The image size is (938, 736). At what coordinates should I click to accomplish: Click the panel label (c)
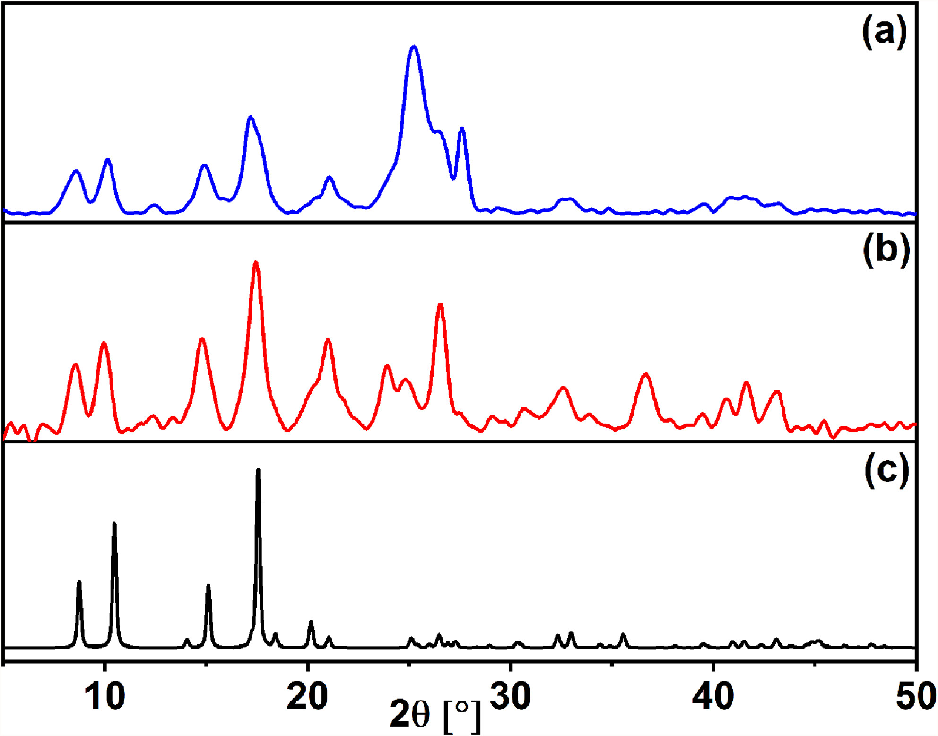click(886, 471)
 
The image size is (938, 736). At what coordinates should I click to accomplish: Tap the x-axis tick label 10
click(105, 696)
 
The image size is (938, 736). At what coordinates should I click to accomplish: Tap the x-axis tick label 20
click(307, 696)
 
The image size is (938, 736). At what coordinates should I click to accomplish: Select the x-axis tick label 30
click(510, 696)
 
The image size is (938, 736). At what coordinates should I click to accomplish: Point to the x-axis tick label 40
click(713, 696)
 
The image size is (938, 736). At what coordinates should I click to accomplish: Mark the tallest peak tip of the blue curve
click(414, 47)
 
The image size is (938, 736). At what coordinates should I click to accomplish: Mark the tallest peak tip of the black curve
click(258, 469)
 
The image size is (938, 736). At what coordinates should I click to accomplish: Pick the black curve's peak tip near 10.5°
click(114, 523)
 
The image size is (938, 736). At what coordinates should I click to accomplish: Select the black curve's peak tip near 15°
click(208, 585)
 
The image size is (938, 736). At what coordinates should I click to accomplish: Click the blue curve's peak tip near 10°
click(108, 159)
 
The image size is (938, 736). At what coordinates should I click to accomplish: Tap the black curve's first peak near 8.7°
click(79, 581)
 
